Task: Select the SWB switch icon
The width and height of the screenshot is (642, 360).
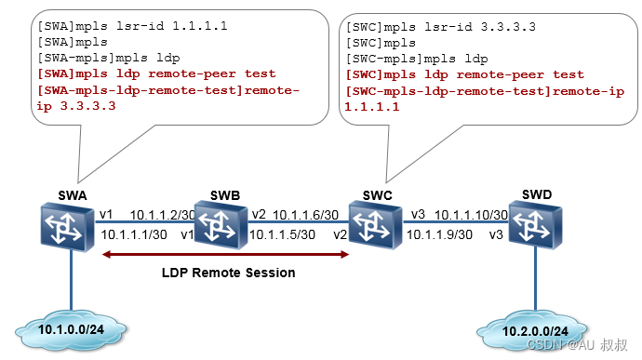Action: tap(220, 224)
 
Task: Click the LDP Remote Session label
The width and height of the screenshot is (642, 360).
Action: tap(228, 273)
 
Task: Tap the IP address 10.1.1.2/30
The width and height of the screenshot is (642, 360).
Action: tap(162, 214)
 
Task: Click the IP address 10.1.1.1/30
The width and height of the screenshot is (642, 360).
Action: tap(134, 234)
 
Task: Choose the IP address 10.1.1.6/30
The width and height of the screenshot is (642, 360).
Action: tap(305, 214)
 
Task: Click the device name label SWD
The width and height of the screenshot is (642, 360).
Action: tap(537, 193)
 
